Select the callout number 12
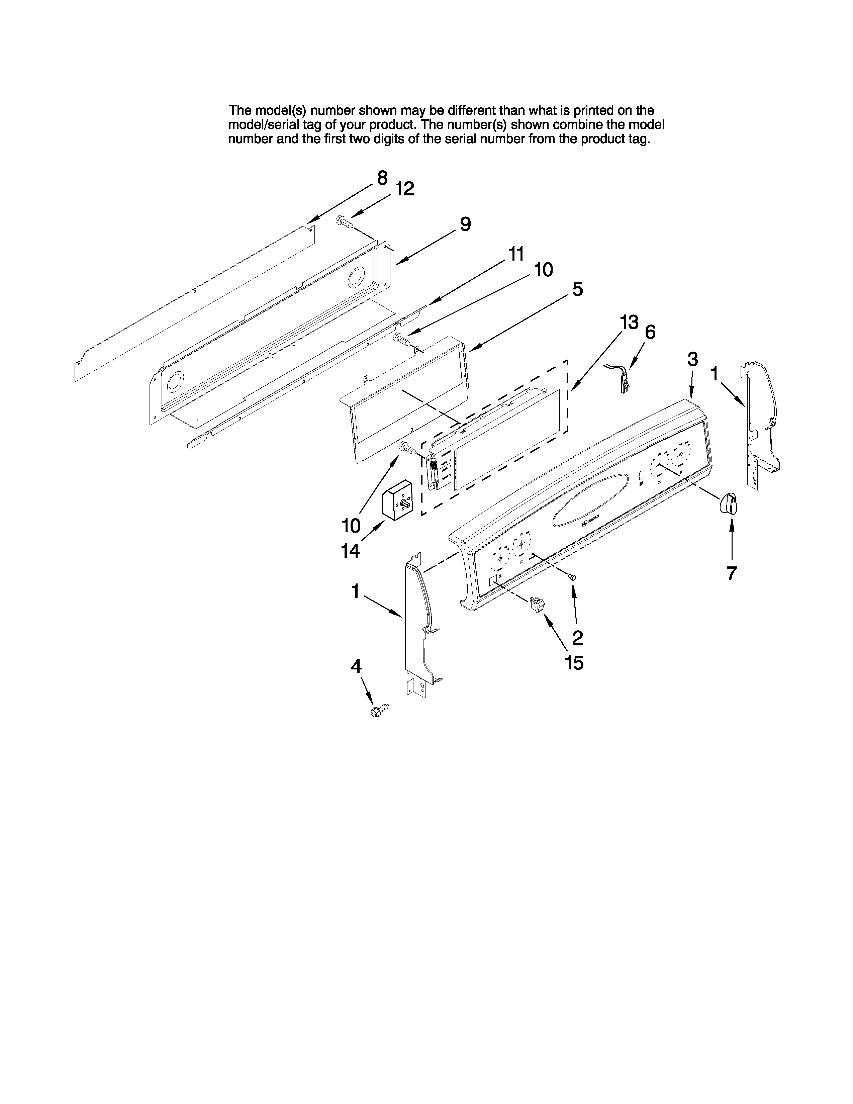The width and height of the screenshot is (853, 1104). coord(404,189)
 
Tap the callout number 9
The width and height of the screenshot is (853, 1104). coord(465,224)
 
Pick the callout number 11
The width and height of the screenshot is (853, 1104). coord(515,254)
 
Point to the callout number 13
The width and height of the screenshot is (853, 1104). coord(629,322)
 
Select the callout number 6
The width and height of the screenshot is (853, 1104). coord(650,332)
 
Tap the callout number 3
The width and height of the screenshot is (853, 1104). coord(693,359)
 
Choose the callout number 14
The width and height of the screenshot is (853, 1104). coord(350,550)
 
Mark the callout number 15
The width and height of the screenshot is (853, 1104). coord(575,662)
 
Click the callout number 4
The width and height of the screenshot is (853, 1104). coord(356,667)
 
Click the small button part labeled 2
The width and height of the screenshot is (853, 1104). coord(573,576)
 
